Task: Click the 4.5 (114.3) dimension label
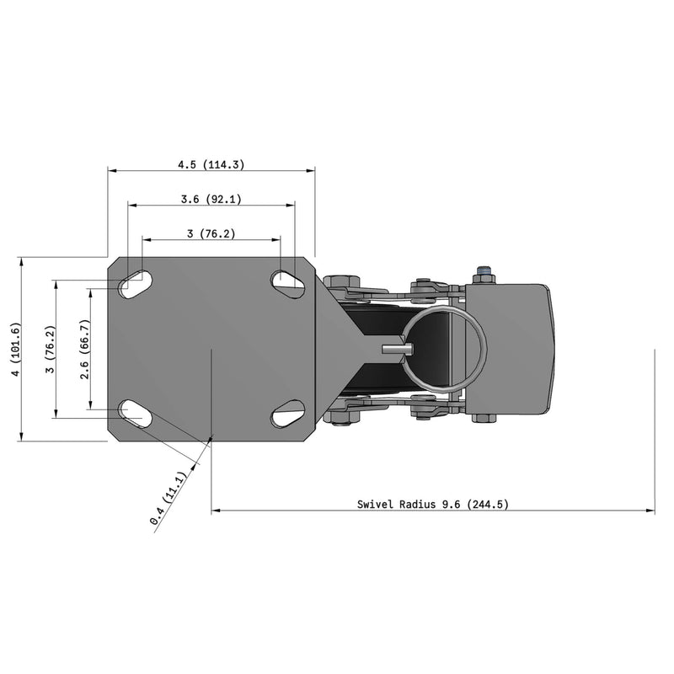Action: click(211, 165)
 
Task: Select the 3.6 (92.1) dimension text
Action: click(211, 200)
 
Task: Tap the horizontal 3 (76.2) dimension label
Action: click(211, 233)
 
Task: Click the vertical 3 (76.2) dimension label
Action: click(51, 349)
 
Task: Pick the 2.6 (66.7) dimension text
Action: click(83, 349)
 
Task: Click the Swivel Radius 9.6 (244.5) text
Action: click(432, 505)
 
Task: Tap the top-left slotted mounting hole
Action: click(135, 283)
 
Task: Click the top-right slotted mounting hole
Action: click(287, 281)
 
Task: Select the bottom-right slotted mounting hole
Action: click(287, 414)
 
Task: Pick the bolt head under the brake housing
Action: click(484, 417)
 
